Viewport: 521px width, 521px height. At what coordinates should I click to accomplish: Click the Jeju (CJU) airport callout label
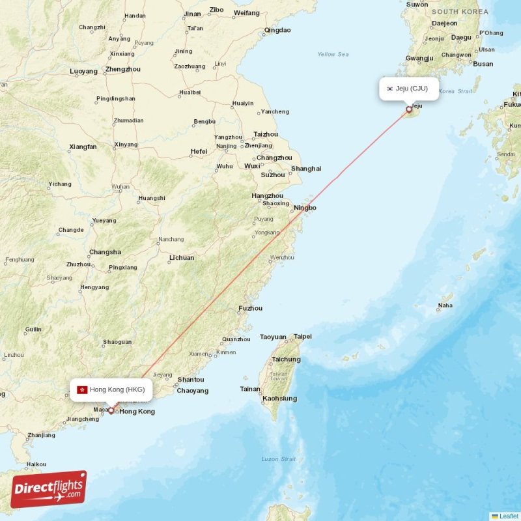pos(409,89)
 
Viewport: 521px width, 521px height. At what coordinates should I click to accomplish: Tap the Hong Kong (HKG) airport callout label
pos(111,390)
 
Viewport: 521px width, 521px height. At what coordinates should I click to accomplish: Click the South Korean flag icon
pos(389,89)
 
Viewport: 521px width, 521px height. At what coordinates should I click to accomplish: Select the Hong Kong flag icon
pos(82,390)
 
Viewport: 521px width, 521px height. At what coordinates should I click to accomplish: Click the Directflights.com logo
pos(48,490)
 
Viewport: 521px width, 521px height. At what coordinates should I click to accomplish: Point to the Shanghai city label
pos(306,169)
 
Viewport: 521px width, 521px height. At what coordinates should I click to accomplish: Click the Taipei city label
pos(303,337)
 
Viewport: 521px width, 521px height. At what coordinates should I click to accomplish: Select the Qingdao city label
pos(277,30)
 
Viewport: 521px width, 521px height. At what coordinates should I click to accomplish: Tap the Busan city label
pos(483,64)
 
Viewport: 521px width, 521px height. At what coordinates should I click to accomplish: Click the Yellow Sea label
pos(333,54)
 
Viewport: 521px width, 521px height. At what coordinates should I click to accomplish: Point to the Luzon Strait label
pos(279,459)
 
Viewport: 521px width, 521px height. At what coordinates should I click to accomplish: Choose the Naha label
pos(445,305)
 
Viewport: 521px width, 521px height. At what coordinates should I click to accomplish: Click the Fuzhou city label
pos(251,308)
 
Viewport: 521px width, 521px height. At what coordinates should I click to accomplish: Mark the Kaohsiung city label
pos(279,398)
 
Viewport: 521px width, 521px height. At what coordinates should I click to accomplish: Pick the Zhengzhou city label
pos(122,69)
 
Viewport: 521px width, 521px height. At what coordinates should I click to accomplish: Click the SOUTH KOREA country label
pos(460,12)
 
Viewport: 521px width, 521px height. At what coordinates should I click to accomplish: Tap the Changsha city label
pos(105,252)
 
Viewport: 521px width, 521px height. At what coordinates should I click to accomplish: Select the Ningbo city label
pos(305,208)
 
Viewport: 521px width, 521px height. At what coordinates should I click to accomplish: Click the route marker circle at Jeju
pos(409,109)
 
